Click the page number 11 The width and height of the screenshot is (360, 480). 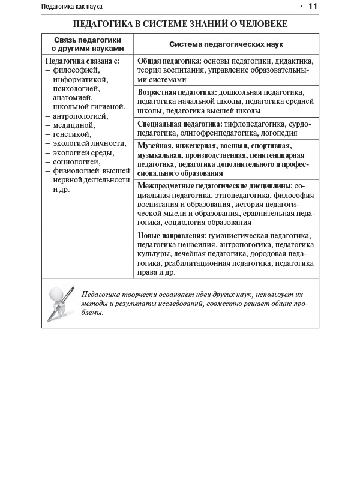click(x=312, y=7)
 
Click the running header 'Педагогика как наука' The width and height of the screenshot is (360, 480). click(x=72, y=7)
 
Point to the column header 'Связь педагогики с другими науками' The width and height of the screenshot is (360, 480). click(x=87, y=44)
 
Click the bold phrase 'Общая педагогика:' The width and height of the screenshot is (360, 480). click(x=170, y=61)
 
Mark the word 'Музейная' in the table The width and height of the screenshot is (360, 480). click(x=154, y=146)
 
